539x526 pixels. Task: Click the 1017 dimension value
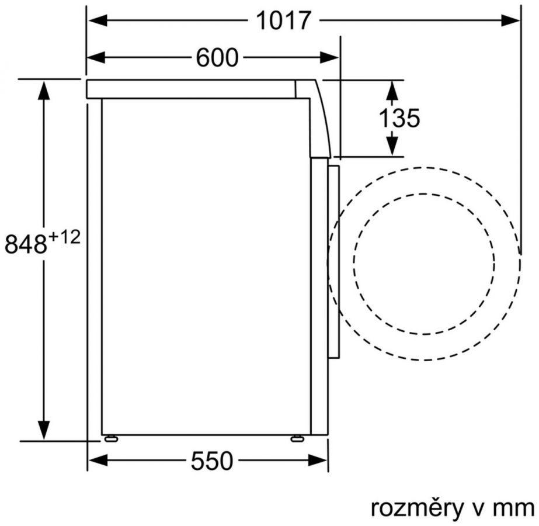click(x=283, y=20)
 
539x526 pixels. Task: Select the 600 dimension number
click(x=217, y=57)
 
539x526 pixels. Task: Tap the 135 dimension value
click(x=399, y=117)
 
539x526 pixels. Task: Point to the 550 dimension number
click(x=212, y=461)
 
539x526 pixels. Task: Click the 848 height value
click(x=26, y=244)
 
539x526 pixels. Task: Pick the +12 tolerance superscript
click(x=64, y=237)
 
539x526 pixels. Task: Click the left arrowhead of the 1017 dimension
click(x=98, y=20)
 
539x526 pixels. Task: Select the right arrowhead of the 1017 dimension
click(x=510, y=20)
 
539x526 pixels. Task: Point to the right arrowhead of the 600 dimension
click(x=329, y=57)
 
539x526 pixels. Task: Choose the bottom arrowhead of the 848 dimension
click(x=44, y=430)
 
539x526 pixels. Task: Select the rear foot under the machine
click(x=111, y=438)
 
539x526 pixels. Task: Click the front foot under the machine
click(x=297, y=438)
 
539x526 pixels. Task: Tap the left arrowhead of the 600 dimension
click(x=96, y=57)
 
